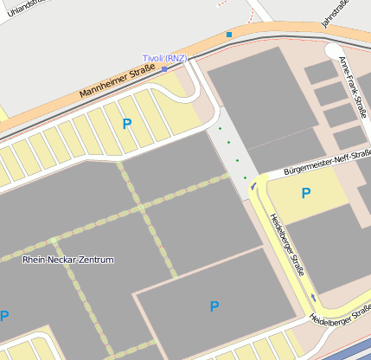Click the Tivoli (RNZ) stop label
164,58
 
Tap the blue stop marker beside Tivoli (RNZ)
164,68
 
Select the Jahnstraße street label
335,14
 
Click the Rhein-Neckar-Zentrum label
67,260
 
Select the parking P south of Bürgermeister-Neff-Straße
305,194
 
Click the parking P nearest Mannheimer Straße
127,125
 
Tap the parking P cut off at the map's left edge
3,317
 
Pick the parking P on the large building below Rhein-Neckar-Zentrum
214,306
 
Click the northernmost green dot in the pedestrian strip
220,128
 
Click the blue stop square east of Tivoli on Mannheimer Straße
229,35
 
